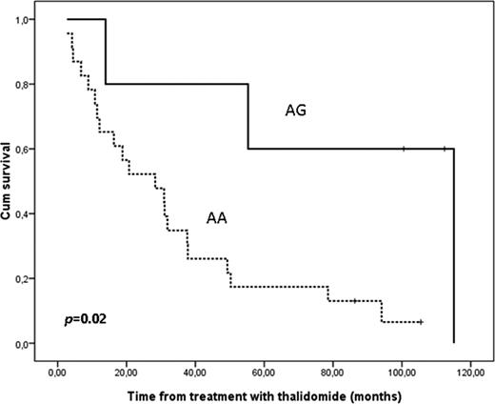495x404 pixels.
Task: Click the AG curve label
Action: (295, 111)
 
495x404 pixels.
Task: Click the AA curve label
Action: (216, 218)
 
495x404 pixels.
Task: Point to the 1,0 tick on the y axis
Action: (45, 19)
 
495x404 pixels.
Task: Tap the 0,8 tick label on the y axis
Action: (45, 84)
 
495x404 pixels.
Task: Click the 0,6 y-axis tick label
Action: (45, 149)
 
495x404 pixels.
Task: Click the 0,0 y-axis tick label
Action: (45, 343)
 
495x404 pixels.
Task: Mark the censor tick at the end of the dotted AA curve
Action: (420, 322)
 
